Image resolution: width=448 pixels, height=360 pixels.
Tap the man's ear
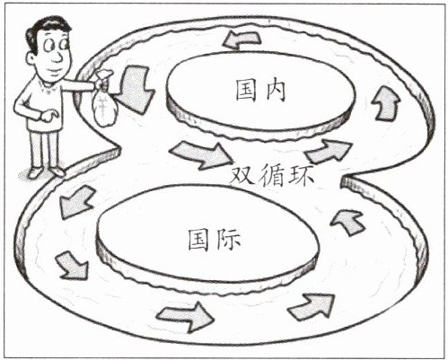[x=31, y=58]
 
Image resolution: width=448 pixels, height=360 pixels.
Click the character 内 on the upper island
[x=275, y=90]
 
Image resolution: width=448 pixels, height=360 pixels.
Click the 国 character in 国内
[x=246, y=90]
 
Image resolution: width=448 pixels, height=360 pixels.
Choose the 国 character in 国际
[x=199, y=240]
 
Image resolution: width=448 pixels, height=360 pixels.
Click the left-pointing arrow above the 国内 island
[x=242, y=40]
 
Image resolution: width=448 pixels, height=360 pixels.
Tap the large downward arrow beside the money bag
[x=134, y=89]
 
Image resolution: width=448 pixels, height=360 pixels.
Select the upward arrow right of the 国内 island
[x=386, y=102]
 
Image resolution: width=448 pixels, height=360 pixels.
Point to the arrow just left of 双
[x=202, y=155]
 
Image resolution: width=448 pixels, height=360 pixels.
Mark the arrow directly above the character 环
[x=328, y=151]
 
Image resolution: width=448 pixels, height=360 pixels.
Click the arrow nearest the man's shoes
[x=76, y=201]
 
